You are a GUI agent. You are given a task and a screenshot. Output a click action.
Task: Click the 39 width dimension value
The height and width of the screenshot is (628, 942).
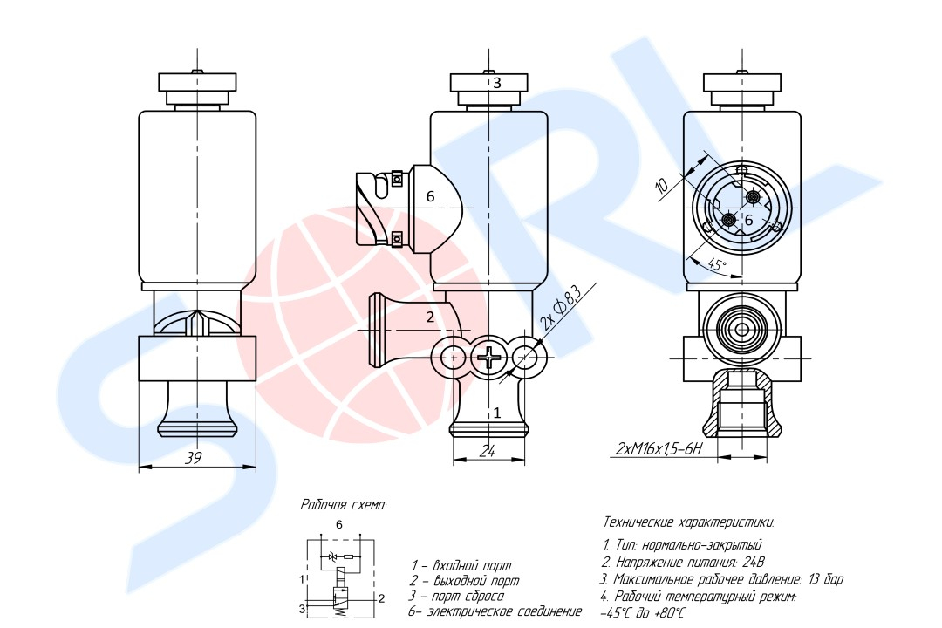pos(193,457)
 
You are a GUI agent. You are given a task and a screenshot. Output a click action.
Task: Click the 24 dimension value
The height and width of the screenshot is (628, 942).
pos(487,451)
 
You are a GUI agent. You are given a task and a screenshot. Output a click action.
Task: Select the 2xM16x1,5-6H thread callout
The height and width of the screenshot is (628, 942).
pos(659,448)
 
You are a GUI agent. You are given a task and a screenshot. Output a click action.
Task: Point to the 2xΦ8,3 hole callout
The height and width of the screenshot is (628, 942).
pos(561,308)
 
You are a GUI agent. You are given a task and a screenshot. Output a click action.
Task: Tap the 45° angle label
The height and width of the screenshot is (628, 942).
pos(717,263)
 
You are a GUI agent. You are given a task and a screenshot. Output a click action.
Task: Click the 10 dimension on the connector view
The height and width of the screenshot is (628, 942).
pos(661,186)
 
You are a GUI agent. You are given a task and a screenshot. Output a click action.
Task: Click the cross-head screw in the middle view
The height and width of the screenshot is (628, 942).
pos(489,358)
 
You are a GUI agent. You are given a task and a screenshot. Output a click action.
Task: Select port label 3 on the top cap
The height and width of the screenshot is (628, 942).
pos(497,83)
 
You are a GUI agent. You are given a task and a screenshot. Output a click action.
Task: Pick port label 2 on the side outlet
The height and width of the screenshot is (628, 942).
pos(430,317)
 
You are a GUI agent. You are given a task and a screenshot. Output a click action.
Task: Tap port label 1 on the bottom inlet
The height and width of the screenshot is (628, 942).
pos(497,413)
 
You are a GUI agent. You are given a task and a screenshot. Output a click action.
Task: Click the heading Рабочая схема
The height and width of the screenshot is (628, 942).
pos(344,505)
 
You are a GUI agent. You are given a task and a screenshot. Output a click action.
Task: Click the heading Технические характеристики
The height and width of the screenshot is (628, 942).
pos(689,522)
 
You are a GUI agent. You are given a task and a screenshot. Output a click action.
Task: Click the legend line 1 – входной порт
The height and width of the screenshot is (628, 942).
pos(461,565)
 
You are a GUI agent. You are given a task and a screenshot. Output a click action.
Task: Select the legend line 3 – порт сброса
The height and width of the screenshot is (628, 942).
pos(456,596)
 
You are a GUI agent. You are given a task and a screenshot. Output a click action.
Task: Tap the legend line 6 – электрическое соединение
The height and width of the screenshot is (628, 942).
pos(495,611)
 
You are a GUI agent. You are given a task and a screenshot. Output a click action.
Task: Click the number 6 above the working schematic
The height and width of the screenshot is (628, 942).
pos(338,524)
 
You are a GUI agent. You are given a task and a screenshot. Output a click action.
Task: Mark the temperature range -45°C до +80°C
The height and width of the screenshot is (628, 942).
pos(642,613)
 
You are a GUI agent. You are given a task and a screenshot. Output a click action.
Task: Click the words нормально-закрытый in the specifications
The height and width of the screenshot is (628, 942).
pos(701,545)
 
